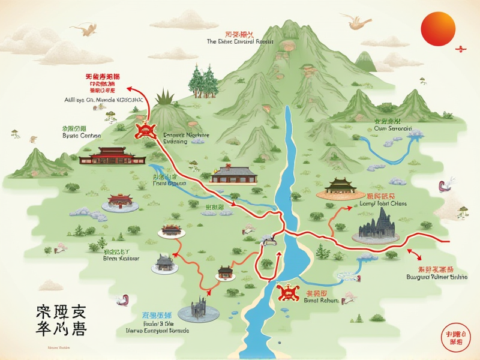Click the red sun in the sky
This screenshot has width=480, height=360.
click(x=438, y=28)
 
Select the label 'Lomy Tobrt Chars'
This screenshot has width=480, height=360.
click(x=382, y=203)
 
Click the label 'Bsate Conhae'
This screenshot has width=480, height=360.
click(x=74, y=136)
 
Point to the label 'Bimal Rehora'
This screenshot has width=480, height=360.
click(x=322, y=300)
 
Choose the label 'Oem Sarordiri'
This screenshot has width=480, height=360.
click(x=392, y=128)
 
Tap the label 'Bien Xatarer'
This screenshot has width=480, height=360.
click(x=121, y=259)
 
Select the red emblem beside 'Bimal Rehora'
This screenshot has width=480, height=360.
click(x=289, y=293)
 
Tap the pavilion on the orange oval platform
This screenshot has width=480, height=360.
click(x=341, y=188)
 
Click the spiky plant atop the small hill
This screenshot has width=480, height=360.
click(x=164, y=97)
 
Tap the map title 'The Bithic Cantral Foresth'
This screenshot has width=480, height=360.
click(x=239, y=42)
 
